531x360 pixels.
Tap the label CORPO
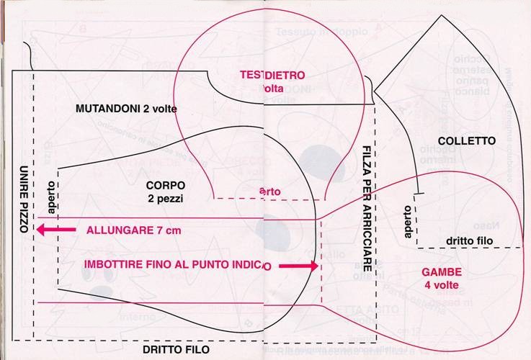166,184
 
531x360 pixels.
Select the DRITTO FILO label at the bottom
176,349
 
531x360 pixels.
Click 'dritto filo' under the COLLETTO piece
470,241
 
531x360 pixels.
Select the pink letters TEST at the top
251,75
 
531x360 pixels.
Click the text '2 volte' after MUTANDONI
160,109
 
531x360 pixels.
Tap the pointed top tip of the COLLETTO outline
436,14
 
